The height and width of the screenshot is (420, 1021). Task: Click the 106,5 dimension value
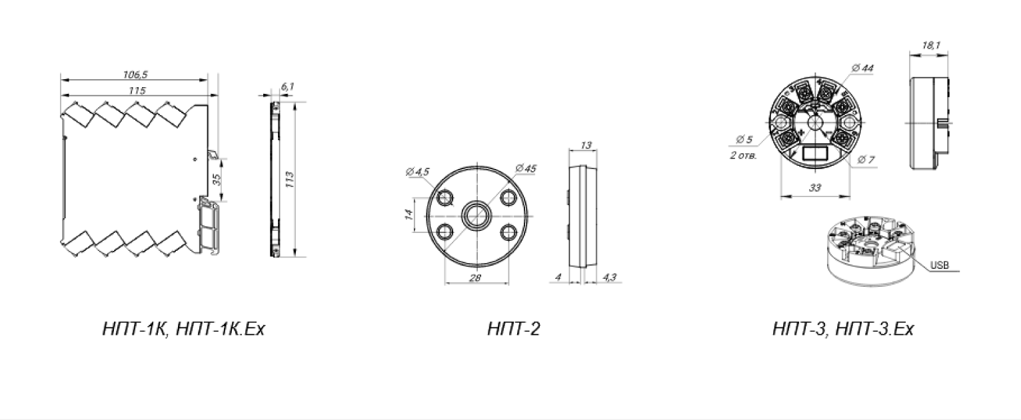(x=135, y=74)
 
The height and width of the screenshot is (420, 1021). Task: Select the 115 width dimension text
(x=136, y=91)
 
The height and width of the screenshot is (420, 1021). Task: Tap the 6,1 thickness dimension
(x=288, y=86)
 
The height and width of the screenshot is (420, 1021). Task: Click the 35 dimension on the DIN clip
(x=217, y=180)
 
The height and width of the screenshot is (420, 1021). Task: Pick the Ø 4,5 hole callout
(x=417, y=172)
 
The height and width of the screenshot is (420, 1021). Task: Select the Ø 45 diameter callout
(x=526, y=168)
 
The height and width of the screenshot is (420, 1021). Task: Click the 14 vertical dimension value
(x=409, y=214)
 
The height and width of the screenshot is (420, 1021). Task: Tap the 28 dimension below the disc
(x=475, y=278)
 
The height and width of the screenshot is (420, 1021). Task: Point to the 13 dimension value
(x=586, y=145)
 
